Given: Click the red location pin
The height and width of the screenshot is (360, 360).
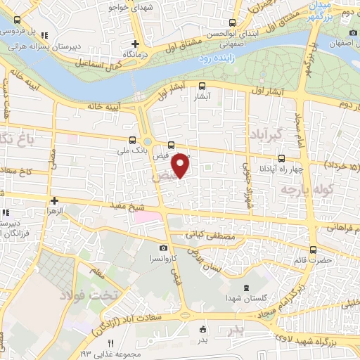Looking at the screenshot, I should (x=181, y=166).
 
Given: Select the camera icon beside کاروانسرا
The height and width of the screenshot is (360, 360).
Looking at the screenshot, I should (x=163, y=247).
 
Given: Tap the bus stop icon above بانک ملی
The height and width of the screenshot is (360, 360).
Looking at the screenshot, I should (x=134, y=139).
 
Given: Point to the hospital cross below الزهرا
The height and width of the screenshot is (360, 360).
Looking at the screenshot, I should (x=53, y=220).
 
